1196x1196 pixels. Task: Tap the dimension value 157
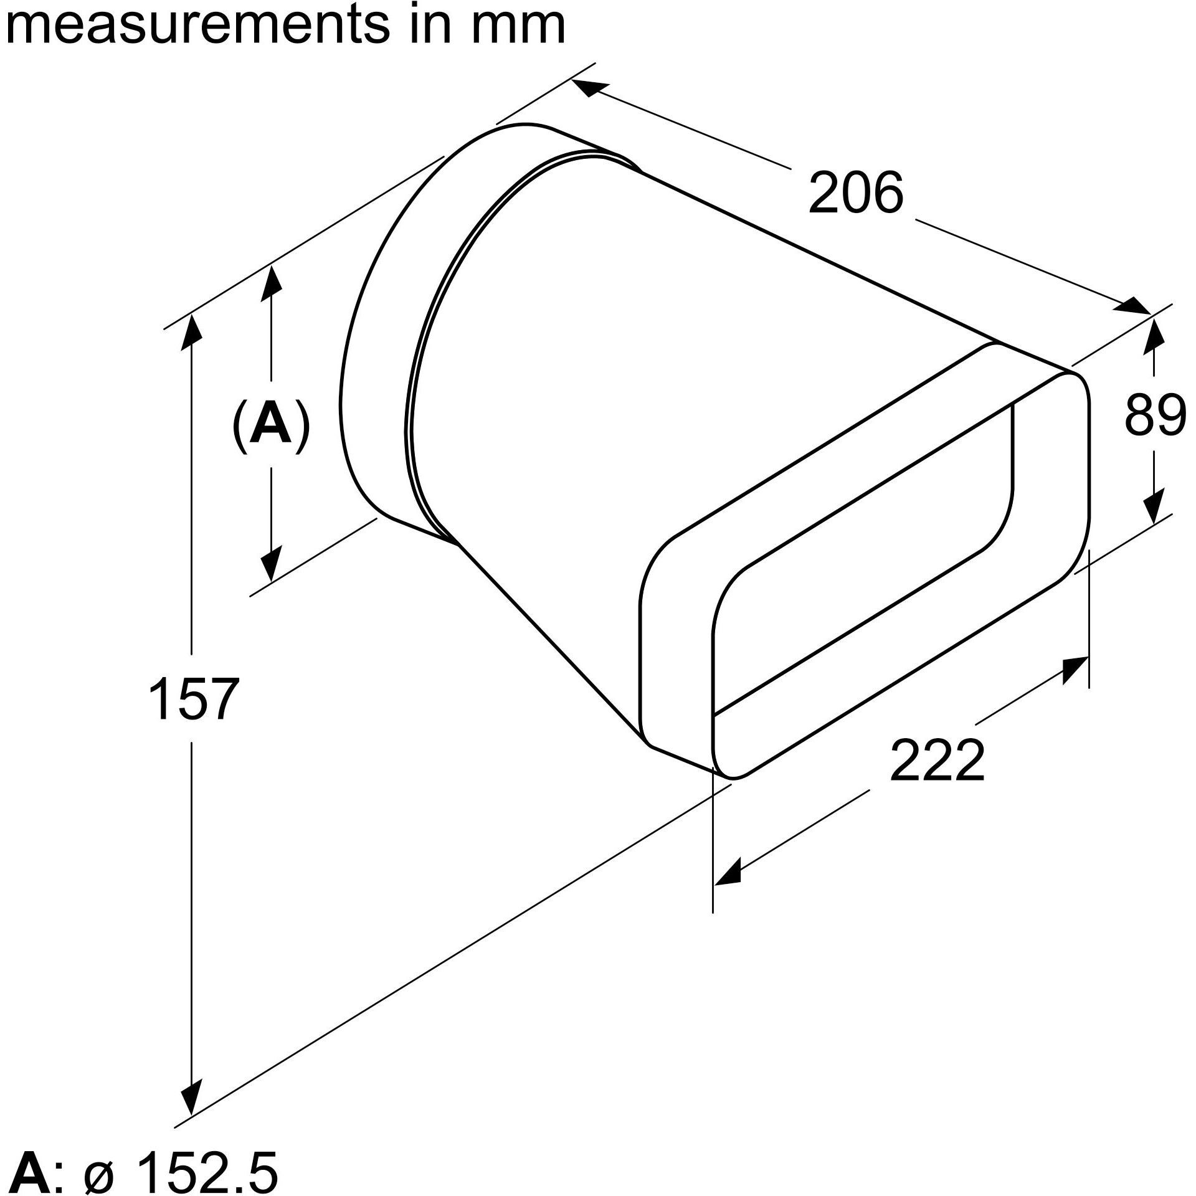click(x=194, y=699)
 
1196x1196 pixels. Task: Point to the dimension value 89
click(x=1156, y=415)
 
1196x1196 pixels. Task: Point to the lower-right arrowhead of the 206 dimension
click(x=1133, y=305)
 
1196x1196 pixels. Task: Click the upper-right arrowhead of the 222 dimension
click(x=1075, y=670)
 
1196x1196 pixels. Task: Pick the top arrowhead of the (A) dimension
click(x=271, y=283)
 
